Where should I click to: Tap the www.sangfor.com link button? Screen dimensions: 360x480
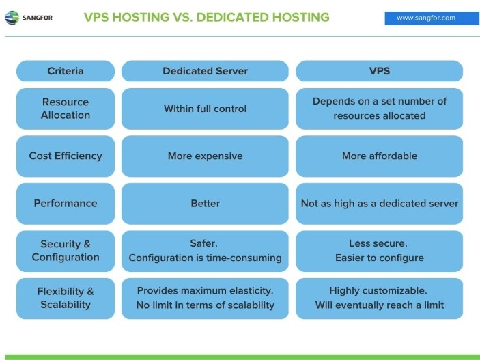pyautogui.click(x=425, y=18)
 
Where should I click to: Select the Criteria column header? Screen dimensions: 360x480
pyautogui.click(x=66, y=71)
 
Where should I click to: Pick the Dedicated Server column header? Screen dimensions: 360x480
pyautogui.click(x=205, y=71)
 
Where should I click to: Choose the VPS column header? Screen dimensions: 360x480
pyautogui.click(x=379, y=71)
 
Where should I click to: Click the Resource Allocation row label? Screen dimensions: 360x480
pyautogui.click(x=66, y=109)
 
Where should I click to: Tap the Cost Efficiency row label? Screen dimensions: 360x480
pyautogui.click(x=66, y=156)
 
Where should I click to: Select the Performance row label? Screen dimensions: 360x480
pyautogui.click(x=66, y=203)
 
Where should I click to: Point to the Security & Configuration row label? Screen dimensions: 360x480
pyautogui.click(x=66, y=251)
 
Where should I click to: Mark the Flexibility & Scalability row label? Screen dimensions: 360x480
pyautogui.click(x=66, y=298)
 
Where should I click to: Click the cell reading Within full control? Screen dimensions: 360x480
pyautogui.click(x=205, y=109)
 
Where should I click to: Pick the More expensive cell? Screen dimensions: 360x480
pyautogui.click(x=205, y=156)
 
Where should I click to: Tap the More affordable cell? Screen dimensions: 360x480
pyautogui.click(x=379, y=156)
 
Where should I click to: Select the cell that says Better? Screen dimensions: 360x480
pyautogui.click(x=205, y=203)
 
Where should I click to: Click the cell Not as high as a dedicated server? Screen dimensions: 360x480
pyautogui.click(x=379, y=203)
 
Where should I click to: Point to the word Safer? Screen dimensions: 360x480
pyautogui.click(x=205, y=243)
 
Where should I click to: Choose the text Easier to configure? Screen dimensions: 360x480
pyautogui.click(x=379, y=258)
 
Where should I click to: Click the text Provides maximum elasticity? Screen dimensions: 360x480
pyautogui.click(x=205, y=290)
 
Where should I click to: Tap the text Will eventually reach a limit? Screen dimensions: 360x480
pyautogui.click(x=379, y=305)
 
